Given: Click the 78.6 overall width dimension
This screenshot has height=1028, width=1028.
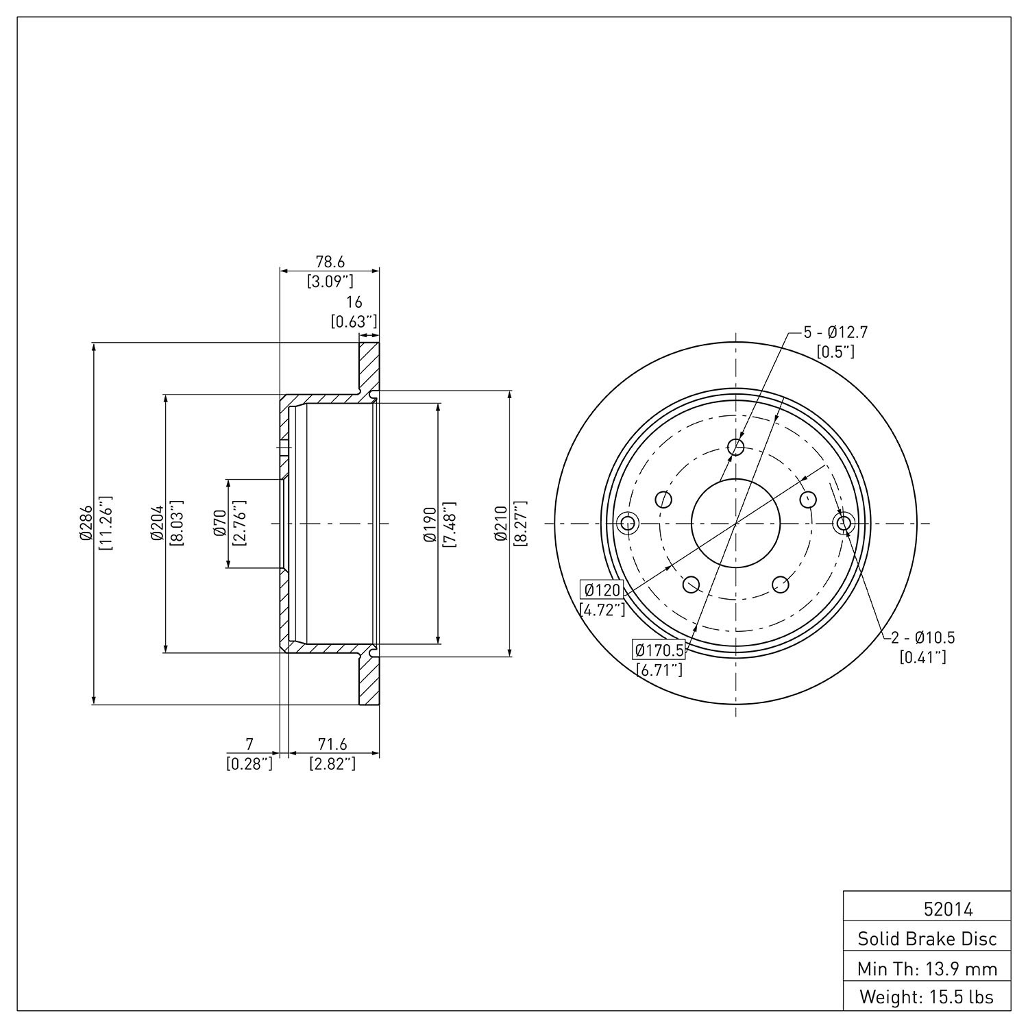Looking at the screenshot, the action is (x=330, y=262).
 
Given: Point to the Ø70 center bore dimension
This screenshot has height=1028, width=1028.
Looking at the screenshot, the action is (x=220, y=522).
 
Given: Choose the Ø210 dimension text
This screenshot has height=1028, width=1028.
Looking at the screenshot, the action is (x=501, y=523).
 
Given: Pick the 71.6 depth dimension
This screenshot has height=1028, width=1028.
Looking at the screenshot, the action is (x=332, y=744).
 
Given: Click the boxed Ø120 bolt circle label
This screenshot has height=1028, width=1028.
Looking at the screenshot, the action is (x=602, y=590).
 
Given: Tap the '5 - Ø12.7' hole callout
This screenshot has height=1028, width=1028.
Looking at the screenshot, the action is (x=835, y=333).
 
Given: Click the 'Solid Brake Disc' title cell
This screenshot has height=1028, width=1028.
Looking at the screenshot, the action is (x=927, y=939).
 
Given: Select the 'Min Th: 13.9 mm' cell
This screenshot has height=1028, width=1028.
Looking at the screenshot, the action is (x=927, y=969).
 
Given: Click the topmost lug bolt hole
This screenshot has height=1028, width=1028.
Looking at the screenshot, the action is (x=736, y=448).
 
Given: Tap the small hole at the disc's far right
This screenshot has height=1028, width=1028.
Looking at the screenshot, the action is (x=844, y=524).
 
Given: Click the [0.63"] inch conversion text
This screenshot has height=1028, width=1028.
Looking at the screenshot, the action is (x=354, y=321).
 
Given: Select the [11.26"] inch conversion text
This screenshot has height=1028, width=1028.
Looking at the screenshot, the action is (x=105, y=523).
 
